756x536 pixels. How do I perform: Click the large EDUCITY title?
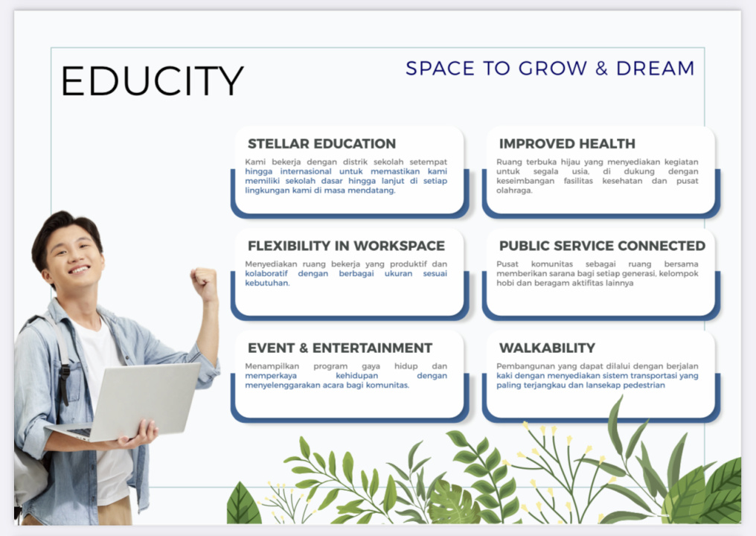153,80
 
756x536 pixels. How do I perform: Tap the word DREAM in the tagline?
656,68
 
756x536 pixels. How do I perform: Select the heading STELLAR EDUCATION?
321,144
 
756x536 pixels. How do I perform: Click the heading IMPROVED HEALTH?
567,144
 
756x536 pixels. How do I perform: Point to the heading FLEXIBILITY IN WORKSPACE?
346,246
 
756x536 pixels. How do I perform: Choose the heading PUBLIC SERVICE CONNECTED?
602,246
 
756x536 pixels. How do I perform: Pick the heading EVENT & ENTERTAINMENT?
340,348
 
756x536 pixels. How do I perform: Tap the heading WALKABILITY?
547,348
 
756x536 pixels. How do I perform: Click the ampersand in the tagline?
601,68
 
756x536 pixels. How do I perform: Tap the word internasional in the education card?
306,171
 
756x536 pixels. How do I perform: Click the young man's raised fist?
203,282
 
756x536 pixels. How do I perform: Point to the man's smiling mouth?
79,269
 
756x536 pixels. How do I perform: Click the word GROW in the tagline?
553,68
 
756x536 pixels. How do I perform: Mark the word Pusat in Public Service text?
507,264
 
